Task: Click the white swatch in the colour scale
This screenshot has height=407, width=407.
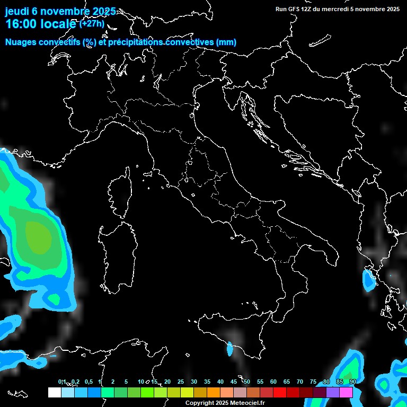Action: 54,392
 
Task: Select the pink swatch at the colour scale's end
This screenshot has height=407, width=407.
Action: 346,392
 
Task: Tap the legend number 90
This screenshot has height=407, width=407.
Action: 352,382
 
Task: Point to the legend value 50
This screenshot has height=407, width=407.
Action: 246,382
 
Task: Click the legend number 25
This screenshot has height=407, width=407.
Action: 180,382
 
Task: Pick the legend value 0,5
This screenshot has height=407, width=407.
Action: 88,382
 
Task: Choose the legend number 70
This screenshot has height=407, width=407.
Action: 299,382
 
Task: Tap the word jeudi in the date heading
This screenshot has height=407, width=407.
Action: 16,11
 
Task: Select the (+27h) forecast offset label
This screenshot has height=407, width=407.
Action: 92,24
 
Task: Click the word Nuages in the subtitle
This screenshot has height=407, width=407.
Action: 20,42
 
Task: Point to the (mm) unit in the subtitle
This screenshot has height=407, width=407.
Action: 226,42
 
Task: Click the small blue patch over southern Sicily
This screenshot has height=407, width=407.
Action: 230,349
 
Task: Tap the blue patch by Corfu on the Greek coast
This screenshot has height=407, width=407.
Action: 368,279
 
